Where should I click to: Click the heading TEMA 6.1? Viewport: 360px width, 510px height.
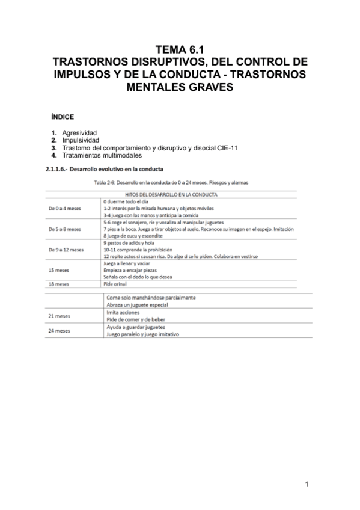point(180,51)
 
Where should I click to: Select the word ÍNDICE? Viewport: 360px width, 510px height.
point(63,117)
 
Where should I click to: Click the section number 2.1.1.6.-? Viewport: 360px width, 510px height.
point(58,169)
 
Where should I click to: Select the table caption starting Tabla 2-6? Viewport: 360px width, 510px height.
point(180,182)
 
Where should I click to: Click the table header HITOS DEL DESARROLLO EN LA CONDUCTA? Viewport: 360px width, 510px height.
point(180,194)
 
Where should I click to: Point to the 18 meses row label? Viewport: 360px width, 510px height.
point(59,284)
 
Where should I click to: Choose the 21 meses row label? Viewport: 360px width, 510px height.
point(59,316)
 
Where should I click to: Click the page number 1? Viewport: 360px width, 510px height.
point(307,484)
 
